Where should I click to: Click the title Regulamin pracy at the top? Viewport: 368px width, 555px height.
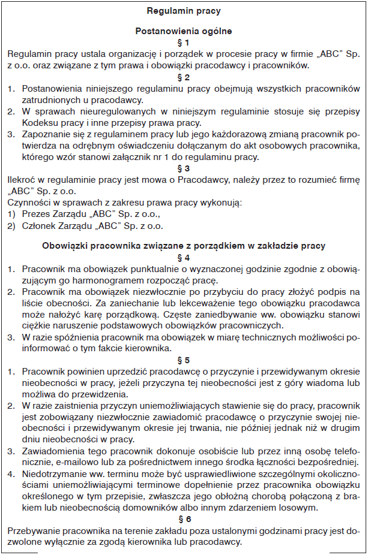184,11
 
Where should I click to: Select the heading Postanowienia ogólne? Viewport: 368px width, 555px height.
184,31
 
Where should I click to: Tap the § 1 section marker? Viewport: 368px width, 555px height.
184,43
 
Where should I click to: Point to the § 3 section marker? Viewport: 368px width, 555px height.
184,168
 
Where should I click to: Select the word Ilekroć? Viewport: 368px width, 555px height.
22,180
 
